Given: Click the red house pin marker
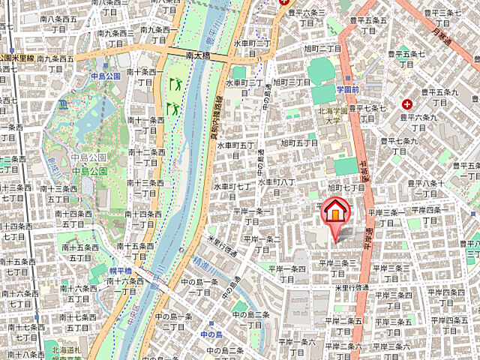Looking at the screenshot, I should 335,210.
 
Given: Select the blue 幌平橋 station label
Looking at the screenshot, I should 119,271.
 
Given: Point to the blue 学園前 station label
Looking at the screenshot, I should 349,89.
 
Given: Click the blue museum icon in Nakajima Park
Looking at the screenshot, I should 61,102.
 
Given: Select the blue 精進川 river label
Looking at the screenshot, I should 204,262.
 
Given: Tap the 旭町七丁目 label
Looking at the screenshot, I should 346,188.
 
